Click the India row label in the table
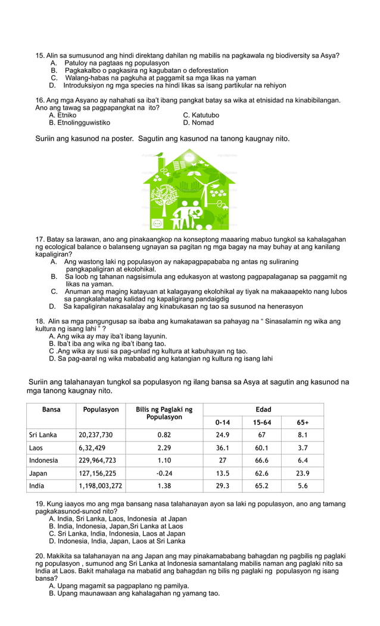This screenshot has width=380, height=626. (36, 486)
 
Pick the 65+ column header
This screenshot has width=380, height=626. (303, 423)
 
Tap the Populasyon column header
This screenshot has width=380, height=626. (101, 410)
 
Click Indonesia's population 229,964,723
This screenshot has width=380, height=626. (98, 460)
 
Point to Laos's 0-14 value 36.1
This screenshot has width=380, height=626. (223, 448)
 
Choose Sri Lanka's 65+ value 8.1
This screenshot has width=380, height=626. (303, 435)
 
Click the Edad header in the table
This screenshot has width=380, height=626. (263, 410)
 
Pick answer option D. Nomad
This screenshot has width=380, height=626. (198, 123)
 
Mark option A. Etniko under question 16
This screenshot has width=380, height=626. (63, 115)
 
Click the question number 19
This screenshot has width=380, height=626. (41, 504)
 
